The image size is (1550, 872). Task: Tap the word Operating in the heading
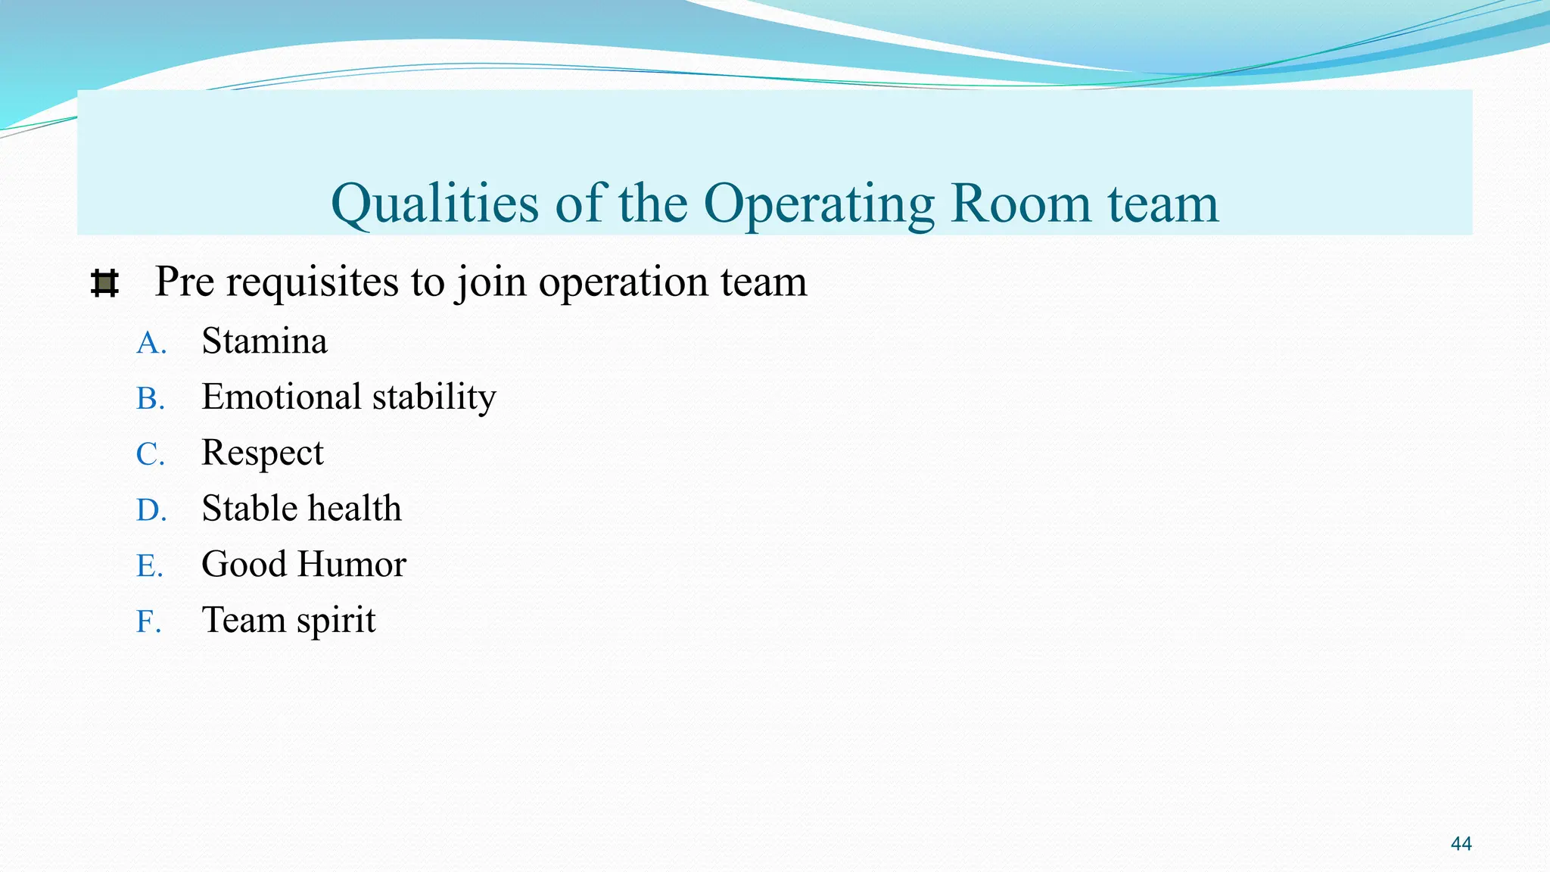819,204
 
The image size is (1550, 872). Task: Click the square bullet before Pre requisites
104,284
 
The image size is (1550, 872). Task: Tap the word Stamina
264,341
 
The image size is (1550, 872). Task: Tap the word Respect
262,453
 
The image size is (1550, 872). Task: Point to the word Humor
352,565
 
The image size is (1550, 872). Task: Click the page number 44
1461,844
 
